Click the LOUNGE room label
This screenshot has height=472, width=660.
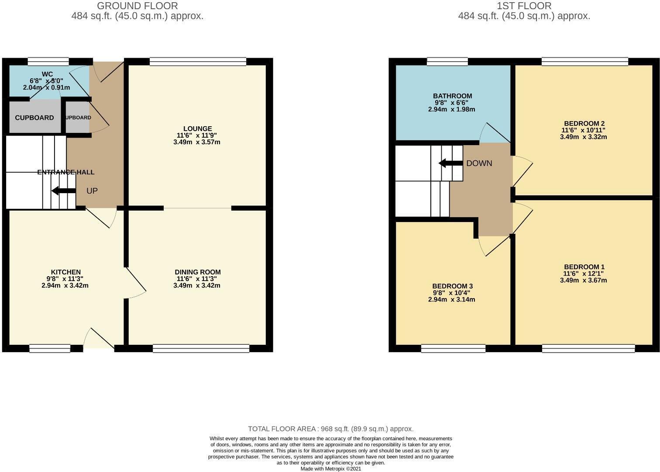pyautogui.click(x=197, y=128)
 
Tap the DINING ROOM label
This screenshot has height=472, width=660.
pyautogui.click(x=197, y=272)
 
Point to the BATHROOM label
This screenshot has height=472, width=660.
pyautogui.click(x=452, y=96)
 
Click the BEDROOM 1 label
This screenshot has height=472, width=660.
pyautogui.click(x=584, y=267)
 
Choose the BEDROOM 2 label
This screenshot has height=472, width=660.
pyautogui.click(x=584, y=123)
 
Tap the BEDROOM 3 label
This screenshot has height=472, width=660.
pyautogui.click(x=452, y=286)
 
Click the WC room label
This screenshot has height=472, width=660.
pyautogui.click(x=47, y=74)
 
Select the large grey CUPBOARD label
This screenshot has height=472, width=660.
pyautogui.click(x=34, y=118)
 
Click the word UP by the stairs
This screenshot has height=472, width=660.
pyautogui.click(x=92, y=191)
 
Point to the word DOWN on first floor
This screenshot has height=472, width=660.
pyautogui.click(x=479, y=163)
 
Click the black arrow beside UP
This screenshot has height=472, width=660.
pyautogui.click(x=63, y=191)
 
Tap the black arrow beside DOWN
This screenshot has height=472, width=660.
pyautogui.click(x=450, y=163)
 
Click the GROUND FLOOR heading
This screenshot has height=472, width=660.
pyautogui.click(x=137, y=6)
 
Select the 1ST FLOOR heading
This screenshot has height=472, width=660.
pyautogui.click(x=524, y=6)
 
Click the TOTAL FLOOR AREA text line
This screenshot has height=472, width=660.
pyautogui.click(x=330, y=429)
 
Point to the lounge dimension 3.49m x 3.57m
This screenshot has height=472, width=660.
pyautogui.click(x=196, y=142)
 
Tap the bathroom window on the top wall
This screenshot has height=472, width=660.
pyautogui.click(x=447, y=62)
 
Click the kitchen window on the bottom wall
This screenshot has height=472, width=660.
pyautogui.click(x=50, y=348)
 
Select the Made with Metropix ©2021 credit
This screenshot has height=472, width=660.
pyautogui.click(x=330, y=469)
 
